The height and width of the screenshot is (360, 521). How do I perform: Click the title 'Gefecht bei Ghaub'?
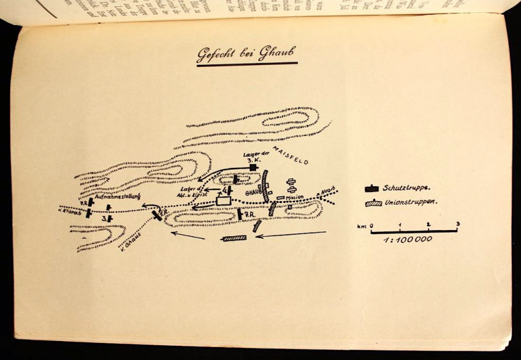247,55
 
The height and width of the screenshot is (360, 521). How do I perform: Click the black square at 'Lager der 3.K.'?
252,167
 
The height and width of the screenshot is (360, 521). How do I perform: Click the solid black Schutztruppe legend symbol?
371,188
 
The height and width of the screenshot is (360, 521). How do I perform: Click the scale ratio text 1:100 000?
408,239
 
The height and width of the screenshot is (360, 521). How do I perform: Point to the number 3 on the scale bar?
457,224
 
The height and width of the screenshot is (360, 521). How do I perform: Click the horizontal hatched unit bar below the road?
234,238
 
